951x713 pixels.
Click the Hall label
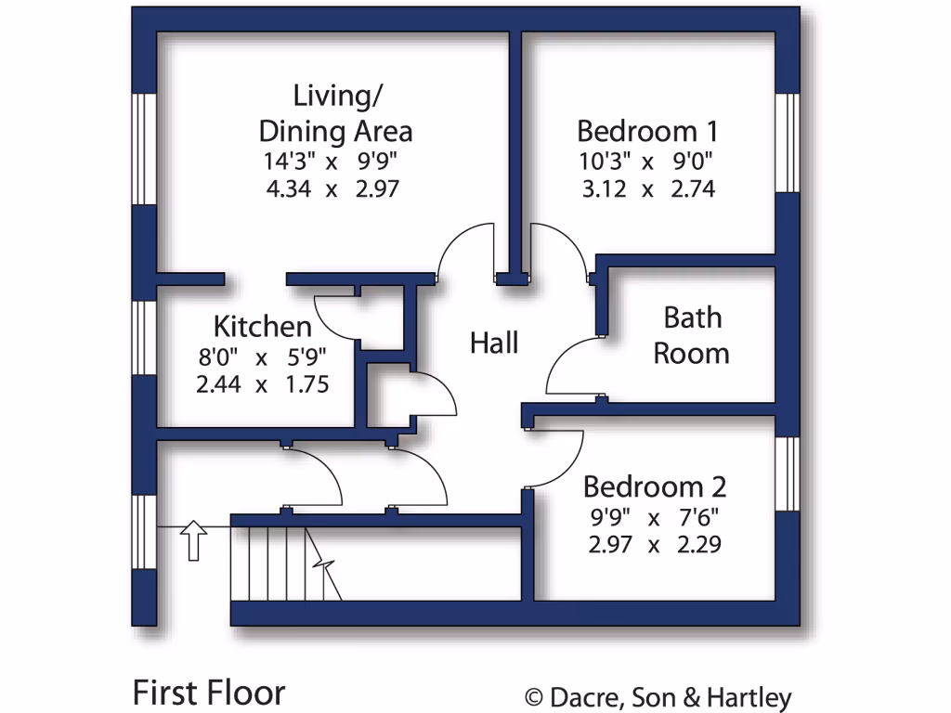pos(494,343)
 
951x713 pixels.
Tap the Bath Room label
pos(692,335)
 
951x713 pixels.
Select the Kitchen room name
pos(263,327)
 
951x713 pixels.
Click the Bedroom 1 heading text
pos(646,130)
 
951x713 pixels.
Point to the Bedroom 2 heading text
pos(654,486)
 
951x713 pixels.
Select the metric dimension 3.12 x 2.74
pos(646,189)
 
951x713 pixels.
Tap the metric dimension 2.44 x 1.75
pos(263,384)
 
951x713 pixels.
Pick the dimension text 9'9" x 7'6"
pos(654,516)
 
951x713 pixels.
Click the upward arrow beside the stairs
pos(194,540)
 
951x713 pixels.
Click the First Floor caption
pos(209,693)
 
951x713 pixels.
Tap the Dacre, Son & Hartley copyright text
pos(658,697)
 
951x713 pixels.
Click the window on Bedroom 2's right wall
pos(788,473)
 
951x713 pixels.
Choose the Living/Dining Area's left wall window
pos(144,149)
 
